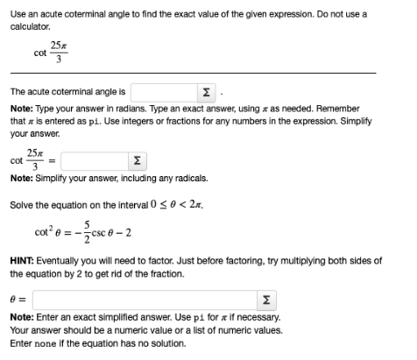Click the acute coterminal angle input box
tap(166, 90)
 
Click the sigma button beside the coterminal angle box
tap(205, 90)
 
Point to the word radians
tap(133, 107)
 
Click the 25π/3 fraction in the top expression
tap(57, 49)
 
